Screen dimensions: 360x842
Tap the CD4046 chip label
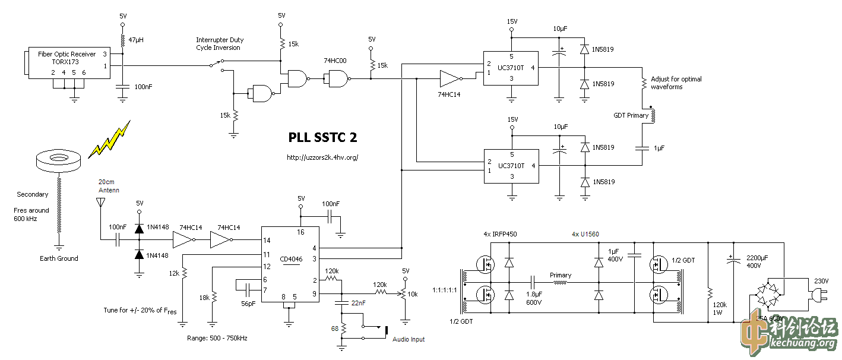[x=290, y=259]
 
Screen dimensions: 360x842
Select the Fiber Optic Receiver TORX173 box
[x=67, y=63]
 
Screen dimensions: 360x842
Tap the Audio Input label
[x=409, y=339]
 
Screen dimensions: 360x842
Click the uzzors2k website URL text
[x=322, y=157]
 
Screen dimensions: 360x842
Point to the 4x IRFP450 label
[x=501, y=234]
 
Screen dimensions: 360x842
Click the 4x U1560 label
[x=585, y=234]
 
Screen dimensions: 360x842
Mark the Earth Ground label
[x=59, y=258]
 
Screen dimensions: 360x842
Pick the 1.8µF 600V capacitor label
[x=534, y=298]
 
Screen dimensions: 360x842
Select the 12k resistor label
[x=174, y=273]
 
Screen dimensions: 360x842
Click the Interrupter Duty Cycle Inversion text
[x=220, y=44]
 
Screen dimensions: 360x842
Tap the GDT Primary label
[x=631, y=115]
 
